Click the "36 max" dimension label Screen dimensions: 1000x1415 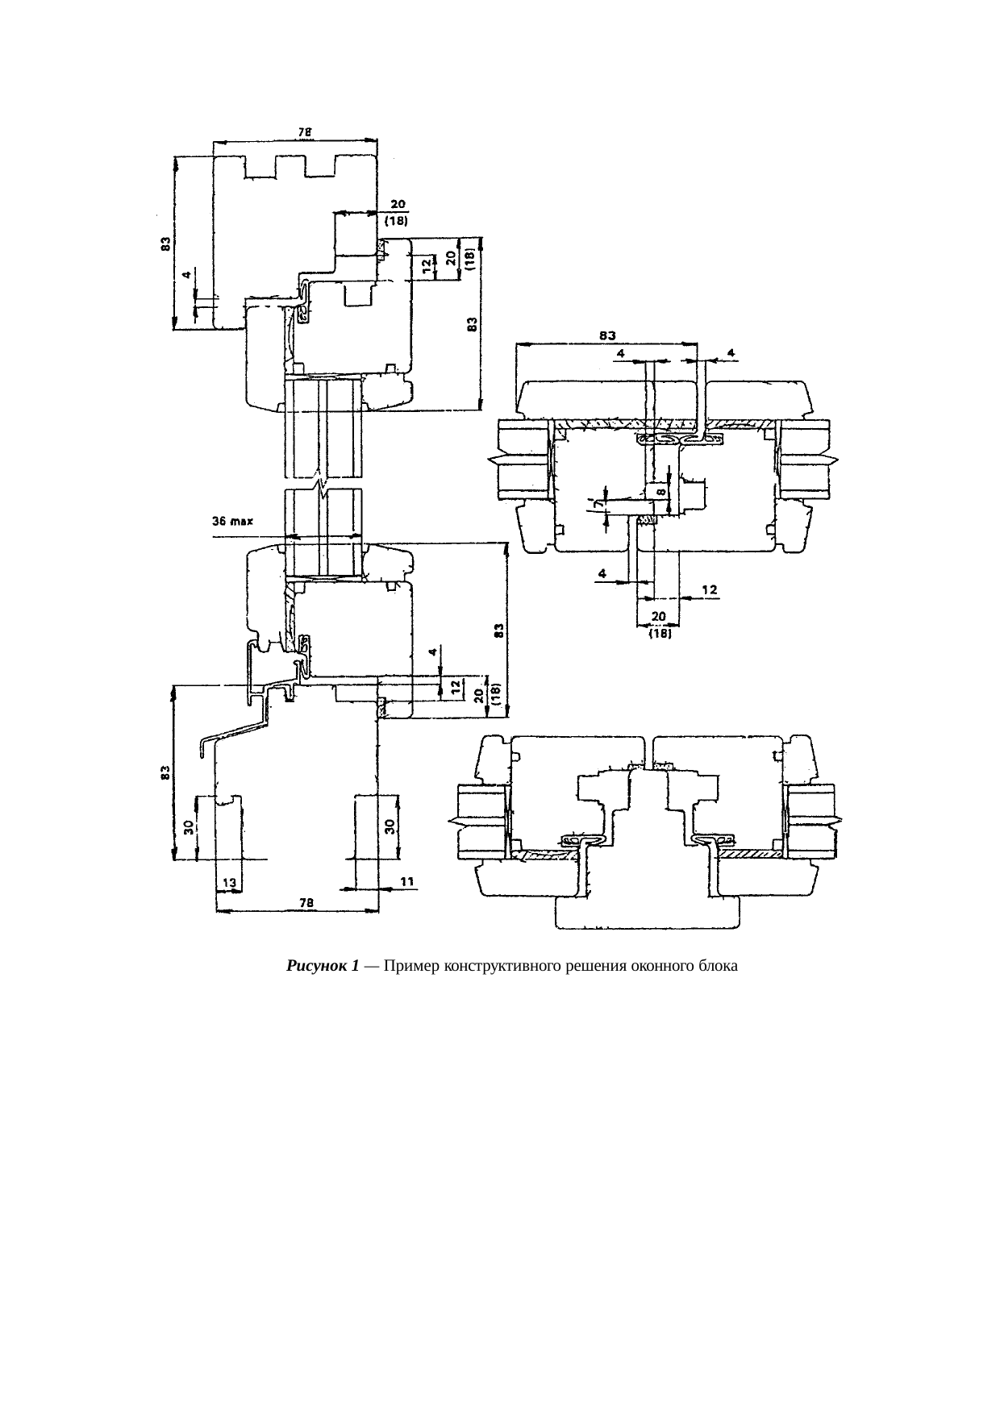232,522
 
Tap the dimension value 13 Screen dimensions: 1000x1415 229,883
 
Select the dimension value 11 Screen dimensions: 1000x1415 406,882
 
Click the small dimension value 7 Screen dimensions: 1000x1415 597,503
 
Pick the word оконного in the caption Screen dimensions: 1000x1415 659,966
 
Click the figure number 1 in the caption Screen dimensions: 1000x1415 355,966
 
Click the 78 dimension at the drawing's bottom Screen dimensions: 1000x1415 306,903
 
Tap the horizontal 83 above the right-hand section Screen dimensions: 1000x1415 608,334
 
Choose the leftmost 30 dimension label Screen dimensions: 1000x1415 188,828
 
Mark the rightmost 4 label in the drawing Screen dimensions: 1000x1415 730,352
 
